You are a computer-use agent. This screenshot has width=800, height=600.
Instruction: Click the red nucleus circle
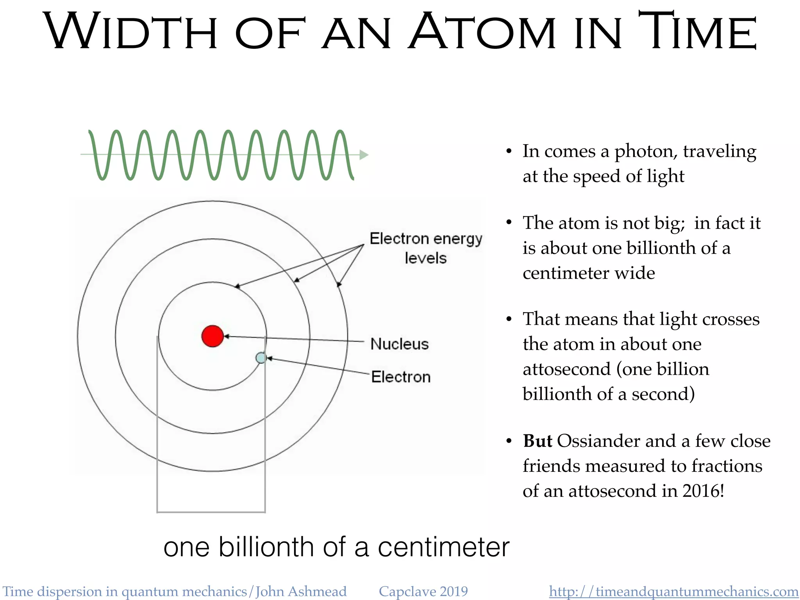[212, 336]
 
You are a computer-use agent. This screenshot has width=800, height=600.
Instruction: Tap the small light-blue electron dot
[261, 357]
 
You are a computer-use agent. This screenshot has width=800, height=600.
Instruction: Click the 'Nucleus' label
[399, 344]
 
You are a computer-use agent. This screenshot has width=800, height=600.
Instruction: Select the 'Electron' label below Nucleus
[401, 377]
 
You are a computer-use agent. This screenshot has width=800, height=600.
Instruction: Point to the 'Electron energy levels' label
[426, 248]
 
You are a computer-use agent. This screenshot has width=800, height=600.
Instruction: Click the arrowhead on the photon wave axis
[364, 155]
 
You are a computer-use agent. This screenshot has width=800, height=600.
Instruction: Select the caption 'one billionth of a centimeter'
[336, 547]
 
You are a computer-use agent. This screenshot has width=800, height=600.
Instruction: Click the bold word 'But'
[537, 441]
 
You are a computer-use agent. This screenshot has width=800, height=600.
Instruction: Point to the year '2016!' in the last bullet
[703, 491]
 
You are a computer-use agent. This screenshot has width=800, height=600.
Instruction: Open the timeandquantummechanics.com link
[673, 591]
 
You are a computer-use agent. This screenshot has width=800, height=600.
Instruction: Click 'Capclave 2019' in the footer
[423, 591]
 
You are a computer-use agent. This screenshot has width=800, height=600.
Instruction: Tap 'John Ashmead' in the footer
[301, 591]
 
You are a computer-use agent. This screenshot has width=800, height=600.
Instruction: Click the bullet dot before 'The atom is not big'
[509, 223]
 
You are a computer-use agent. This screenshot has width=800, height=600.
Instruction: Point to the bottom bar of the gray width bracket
[211, 512]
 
